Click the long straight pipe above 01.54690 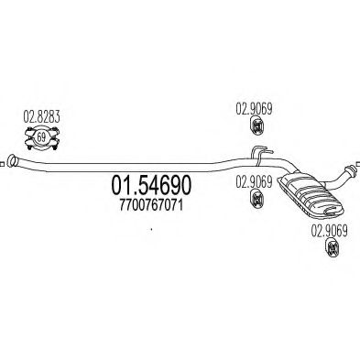tap(137, 166)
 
